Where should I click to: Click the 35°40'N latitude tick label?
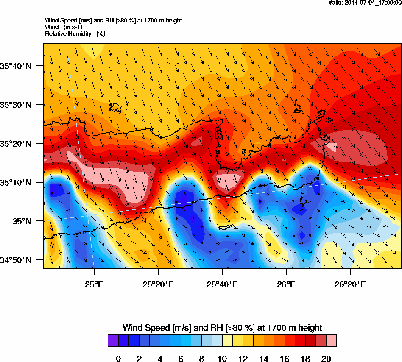[15, 66]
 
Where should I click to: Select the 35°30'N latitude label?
[15, 105]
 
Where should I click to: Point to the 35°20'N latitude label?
[15, 144]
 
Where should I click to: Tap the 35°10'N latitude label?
[15, 183]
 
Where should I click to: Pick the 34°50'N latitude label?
[15, 260]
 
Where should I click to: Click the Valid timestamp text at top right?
[365, 3]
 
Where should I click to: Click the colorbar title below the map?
[222, 328]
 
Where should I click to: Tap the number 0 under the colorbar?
[118, 359]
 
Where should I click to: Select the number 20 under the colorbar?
[326, 359]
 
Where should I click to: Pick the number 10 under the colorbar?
[222, 359]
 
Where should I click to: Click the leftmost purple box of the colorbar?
[113, 341]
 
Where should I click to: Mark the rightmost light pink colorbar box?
[331, 341]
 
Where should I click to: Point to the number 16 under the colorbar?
[285, 359]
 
